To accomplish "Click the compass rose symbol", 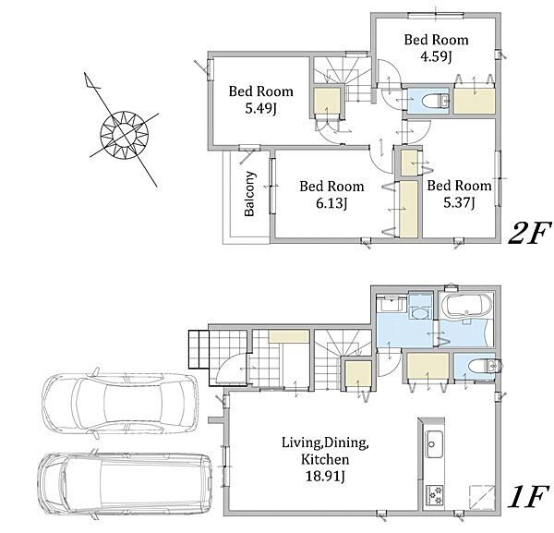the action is click(124, 135).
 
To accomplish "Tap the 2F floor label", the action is click(530, 234).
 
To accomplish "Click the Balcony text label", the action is click(250, 194).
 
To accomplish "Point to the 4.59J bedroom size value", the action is click(437, 56).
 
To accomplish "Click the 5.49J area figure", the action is click(260, 109).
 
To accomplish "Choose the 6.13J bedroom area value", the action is click(331, 203).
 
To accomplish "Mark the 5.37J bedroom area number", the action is click(459, 203).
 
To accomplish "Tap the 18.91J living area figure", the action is click(325, 476).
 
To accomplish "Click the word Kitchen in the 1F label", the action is click(325, 459).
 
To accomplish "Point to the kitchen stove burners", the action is click(434, 494).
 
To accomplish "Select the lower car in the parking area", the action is click(126, 485).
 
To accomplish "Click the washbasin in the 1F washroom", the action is click(419, 313).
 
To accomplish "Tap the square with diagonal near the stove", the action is click(482, 496).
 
